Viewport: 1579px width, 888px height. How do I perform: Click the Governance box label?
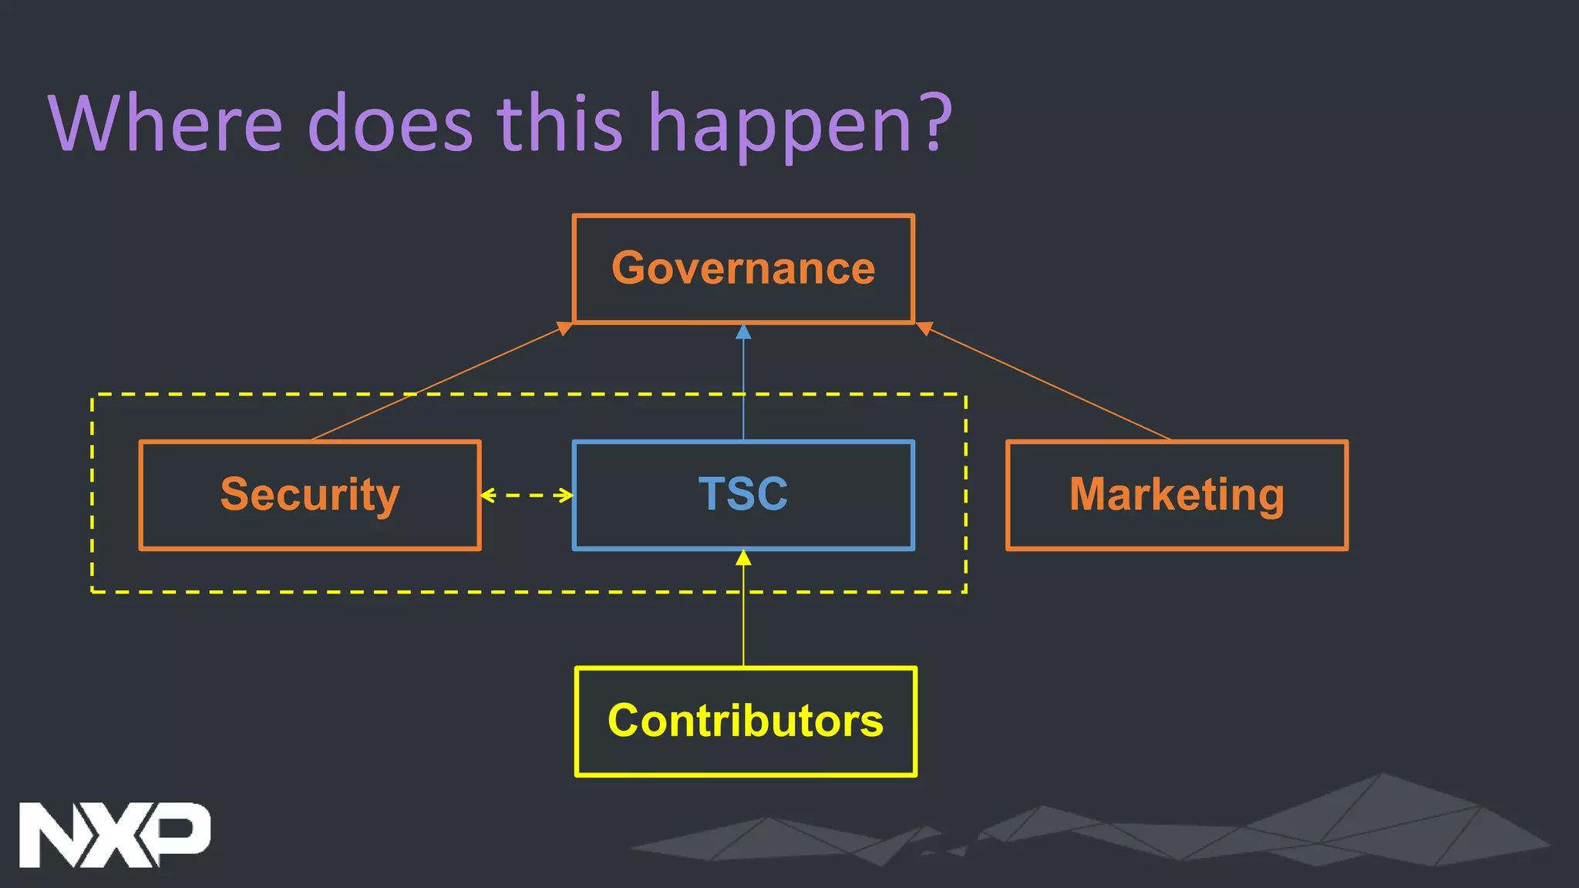point(743,268)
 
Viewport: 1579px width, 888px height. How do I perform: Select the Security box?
point(310,495)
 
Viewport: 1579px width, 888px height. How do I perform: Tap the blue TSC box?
point(743,495)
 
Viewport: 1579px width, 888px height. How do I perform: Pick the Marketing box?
point(1177,495)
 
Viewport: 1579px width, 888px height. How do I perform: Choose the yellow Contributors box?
point(746,721)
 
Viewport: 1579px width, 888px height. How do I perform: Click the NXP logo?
point(114,835)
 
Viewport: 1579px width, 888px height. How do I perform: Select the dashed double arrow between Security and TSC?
point(527,495)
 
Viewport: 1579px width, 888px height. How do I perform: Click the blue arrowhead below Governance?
point(743,332)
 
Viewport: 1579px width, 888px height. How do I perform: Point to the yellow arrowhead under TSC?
point(743,558)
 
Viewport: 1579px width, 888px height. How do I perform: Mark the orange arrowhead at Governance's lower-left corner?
point(565,329)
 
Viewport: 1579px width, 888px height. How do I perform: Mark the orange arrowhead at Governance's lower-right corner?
point(924,329)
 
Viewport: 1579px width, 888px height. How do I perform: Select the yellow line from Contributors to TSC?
point(743,617)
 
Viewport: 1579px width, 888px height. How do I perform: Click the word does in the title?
point(390,123)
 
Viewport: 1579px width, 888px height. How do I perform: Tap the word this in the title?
point(559,123)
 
